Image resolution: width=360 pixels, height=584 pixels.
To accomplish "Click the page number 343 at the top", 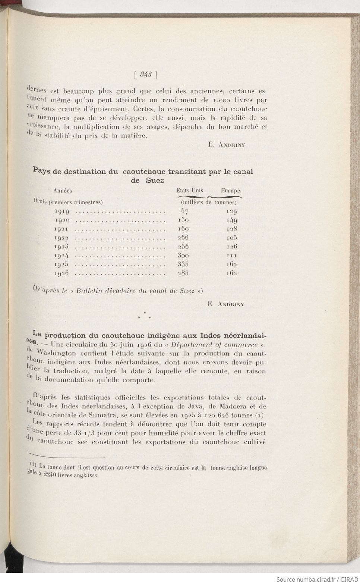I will point(146,75).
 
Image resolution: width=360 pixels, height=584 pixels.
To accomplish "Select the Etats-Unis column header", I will point(190,191).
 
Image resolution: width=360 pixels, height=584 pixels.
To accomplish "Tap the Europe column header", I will point(230,191).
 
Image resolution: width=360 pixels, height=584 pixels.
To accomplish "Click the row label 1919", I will point(61,211).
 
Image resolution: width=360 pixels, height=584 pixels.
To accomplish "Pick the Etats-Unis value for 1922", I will point(183,238).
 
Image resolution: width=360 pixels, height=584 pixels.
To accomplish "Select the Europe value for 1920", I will point(232,220).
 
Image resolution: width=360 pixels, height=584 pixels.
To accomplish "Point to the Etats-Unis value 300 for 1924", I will point(183,255).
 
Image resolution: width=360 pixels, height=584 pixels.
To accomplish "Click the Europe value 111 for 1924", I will point(232,255).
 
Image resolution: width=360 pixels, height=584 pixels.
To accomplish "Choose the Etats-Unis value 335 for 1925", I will point(183,264).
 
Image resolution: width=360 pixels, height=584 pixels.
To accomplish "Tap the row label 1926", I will point(61,273).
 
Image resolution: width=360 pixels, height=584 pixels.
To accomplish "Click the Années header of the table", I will point(63,191).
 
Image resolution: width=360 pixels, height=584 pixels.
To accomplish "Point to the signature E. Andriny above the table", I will point(227,145).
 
